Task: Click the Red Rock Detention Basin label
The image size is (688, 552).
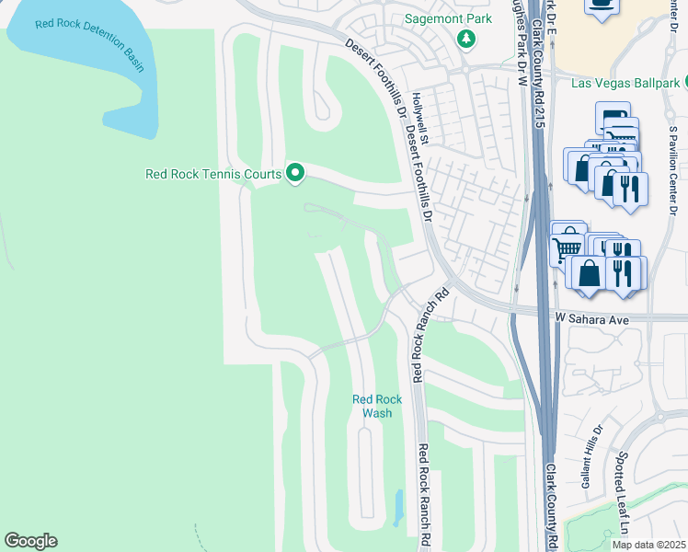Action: click(90, 44)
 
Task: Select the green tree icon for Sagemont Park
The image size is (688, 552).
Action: click(467, 39)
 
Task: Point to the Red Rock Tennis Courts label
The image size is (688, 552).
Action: click(215, 172)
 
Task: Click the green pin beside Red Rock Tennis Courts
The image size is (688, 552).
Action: click(295, 172)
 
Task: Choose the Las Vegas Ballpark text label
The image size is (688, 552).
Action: click(625, 84)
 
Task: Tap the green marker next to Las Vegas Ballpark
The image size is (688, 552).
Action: click(682, 84)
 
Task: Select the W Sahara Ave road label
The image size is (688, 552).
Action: click(591, 318)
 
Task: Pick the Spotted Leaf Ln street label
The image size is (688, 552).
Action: click(623, 504)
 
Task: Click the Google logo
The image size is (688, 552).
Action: click(30, 541)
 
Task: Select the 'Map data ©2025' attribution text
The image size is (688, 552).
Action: click(649, 545)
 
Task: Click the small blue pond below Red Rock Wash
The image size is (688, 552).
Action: click(397, 507)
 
